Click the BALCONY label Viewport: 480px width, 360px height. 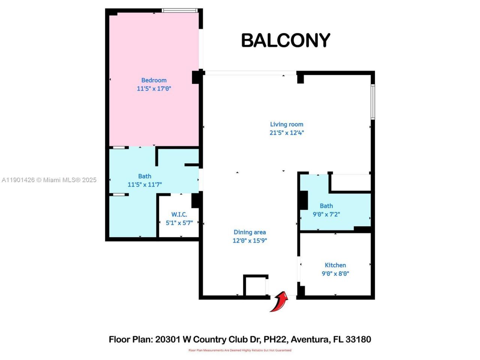285,40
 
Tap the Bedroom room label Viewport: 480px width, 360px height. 154,80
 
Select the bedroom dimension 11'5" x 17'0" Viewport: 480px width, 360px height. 154,89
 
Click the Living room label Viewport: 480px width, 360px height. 286,124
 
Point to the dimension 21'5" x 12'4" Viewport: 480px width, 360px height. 286,133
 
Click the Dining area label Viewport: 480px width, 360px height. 249,232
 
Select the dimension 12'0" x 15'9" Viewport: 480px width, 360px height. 249,241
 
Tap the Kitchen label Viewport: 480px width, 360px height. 335,265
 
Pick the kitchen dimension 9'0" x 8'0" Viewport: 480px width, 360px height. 335,274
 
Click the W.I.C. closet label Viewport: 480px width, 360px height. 179,214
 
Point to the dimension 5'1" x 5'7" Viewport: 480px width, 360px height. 179,223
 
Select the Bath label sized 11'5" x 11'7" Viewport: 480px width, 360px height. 145,176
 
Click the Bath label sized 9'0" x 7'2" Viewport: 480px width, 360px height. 326,206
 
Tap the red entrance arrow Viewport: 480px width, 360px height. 279,301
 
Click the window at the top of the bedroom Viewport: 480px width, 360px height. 180,10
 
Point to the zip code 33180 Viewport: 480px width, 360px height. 358,339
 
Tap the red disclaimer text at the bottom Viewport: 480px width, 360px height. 240,350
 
